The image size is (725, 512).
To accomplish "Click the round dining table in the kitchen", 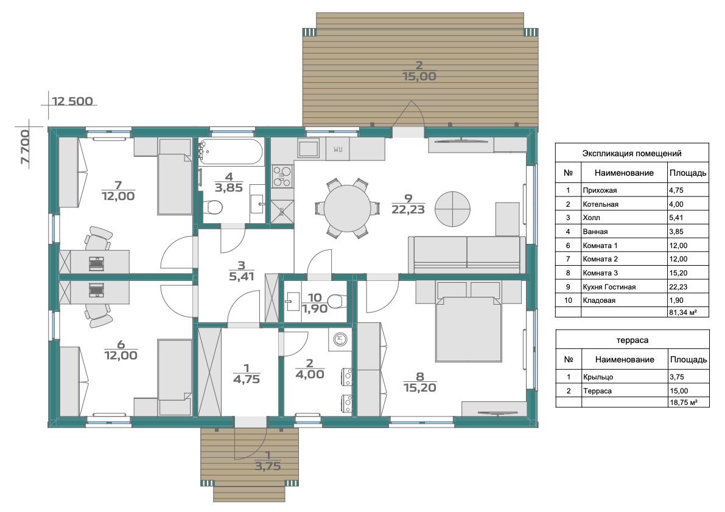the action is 347,208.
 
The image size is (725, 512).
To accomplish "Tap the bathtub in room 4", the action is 231,152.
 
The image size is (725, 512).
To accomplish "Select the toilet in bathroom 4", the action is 212,207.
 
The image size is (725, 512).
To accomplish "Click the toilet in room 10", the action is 337,302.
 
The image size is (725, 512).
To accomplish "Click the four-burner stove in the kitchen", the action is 282,176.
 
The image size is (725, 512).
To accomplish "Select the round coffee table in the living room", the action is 452,209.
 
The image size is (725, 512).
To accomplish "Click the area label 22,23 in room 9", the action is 408,210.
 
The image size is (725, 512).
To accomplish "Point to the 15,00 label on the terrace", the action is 419,77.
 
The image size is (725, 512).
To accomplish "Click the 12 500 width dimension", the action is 72,101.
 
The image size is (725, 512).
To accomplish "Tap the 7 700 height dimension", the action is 25,147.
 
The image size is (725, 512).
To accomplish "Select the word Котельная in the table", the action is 600,204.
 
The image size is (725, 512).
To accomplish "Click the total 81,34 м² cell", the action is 682,313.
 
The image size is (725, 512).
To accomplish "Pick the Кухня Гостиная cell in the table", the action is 609,286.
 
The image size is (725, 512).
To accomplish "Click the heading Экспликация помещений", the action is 632,153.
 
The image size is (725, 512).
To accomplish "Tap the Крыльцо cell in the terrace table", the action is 598,377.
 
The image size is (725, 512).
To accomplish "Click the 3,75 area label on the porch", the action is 268,466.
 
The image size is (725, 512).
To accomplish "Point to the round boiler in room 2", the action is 340,340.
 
